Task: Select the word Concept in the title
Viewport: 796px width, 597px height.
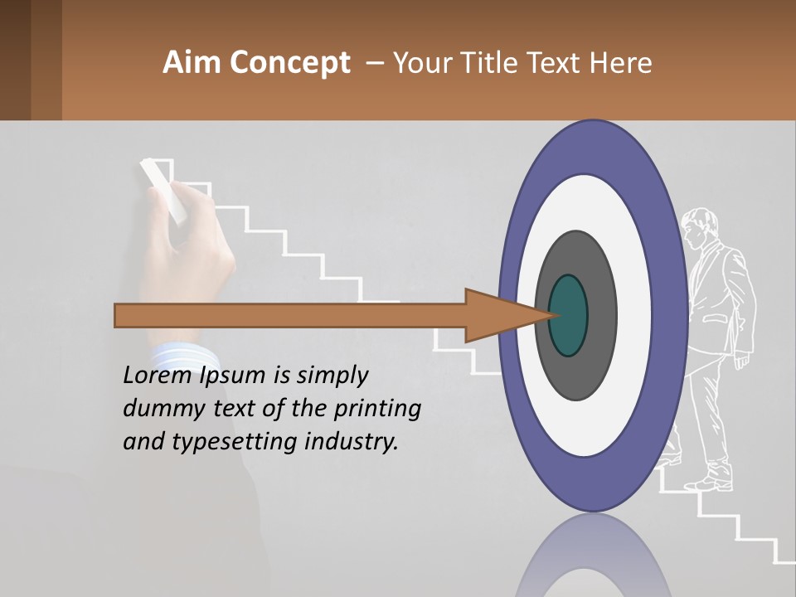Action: [289, 64]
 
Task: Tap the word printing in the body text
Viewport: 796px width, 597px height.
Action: [377, 409]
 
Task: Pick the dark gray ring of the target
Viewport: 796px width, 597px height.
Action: [599, 315]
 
